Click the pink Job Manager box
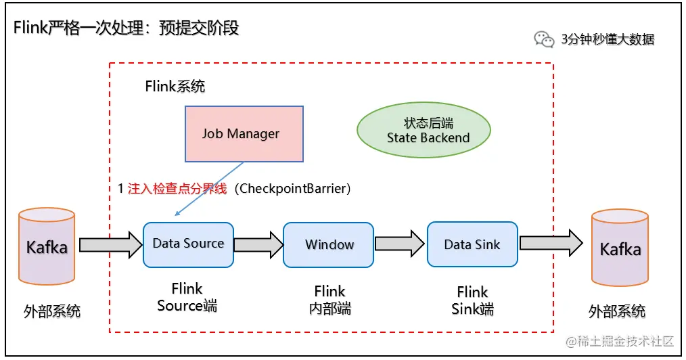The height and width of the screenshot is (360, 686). click(244, 134)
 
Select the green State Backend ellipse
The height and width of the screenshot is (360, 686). click(424, 130)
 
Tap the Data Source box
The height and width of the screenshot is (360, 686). click(188, 244)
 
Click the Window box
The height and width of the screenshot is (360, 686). click(328, 244)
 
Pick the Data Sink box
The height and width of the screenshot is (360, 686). click(472, 244)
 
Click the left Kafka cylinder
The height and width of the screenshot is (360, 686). click(47, 246)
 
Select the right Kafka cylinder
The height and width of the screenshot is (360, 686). click(620, 248)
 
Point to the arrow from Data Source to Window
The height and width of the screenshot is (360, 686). click(258, 244)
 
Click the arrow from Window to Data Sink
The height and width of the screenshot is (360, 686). click(400, 243)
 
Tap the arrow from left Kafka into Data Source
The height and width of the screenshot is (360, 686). click(111, 245)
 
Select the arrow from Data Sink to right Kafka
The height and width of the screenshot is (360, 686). click(551, 243)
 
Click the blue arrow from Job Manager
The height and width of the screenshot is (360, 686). click(209, 189)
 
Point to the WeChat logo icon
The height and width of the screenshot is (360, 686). click(544, 39)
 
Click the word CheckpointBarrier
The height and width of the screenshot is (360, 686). click(293, 189)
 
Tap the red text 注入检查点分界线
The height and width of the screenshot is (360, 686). click(177, 189)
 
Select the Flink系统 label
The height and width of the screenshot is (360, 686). click(175, 86)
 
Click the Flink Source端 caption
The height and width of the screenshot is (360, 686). click(187, 297)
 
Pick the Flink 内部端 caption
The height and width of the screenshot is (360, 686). click(330, 300)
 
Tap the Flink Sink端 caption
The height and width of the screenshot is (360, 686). click(472, 300)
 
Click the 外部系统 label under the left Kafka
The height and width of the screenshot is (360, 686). click(52, 311)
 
